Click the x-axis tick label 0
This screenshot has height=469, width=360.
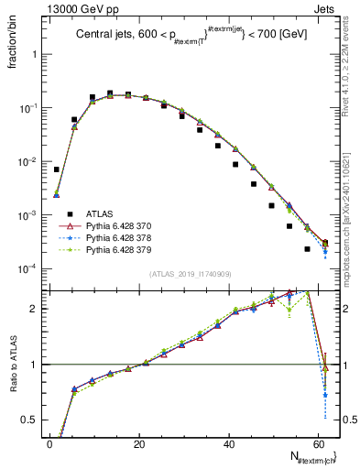pos(49,443)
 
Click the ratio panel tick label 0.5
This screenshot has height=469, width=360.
pos(29,420)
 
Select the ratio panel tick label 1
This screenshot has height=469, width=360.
pos(33,365)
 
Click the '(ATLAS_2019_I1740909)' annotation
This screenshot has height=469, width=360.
pos(189,274)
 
